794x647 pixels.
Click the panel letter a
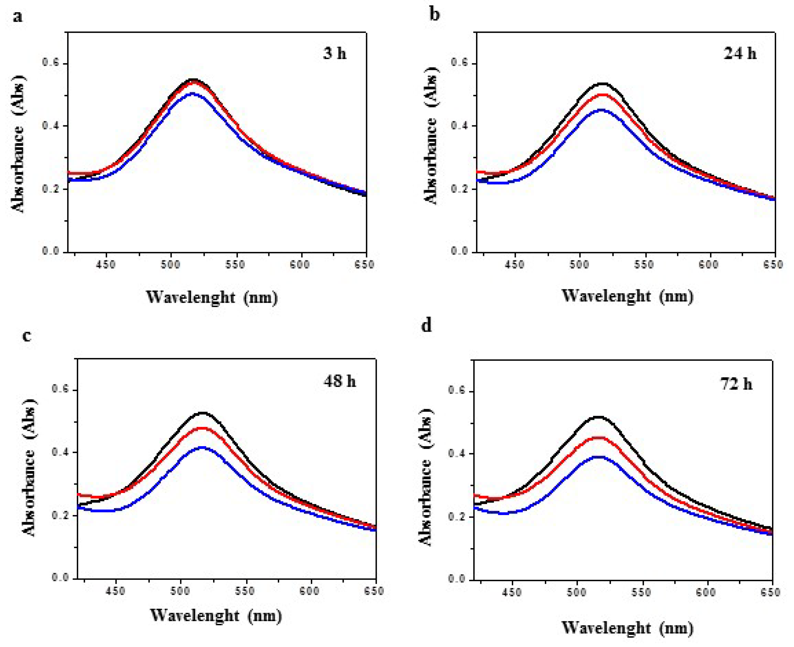tap(17, 17)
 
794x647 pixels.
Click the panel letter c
tap(27, 336)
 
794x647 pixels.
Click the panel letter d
tap(426, 325)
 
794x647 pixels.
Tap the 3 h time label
tap(334, 53)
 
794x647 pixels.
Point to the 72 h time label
tap(736, 384)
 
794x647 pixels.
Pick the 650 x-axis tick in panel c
tap(374, 591)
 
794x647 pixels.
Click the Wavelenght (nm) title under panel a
tap(212, 297)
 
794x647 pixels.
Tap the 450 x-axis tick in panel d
tap(512, 592)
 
